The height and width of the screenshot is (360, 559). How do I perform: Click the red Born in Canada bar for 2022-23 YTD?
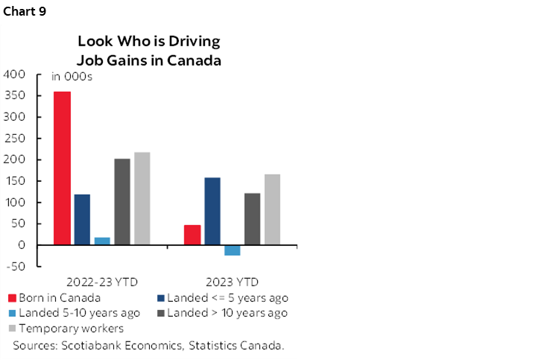pyautogui.click(x=62, y=168)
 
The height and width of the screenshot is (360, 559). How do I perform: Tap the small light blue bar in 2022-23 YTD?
pyautogui.click(x=102, y=241)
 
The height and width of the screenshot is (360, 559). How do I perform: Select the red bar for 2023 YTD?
pyautogui.click(x=192, y=235)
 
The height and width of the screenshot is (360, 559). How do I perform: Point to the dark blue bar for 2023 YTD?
pyautogui.click(x=212, y=211)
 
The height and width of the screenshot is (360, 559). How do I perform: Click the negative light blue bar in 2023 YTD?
pyautogui.click(x=233, y=250)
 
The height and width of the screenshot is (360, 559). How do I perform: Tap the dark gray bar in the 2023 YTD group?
pyautogui.click(x=253, y=219)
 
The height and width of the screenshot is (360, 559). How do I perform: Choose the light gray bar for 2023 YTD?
pyautogui.click(x=272, y=209)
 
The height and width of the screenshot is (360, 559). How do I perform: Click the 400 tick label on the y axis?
pyautogui.click(x=15, y=75)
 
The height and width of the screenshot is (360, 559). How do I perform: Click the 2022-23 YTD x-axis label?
pyautogui.click(x=100, y=282)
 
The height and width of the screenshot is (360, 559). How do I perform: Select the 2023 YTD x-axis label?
pyautogui.click(x=233, y=282)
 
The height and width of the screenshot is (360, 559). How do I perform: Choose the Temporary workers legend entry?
pyautogui.click(x=72, y=329)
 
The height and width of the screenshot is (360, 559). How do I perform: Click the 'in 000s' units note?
pyautogui.click(x=72, y=77)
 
